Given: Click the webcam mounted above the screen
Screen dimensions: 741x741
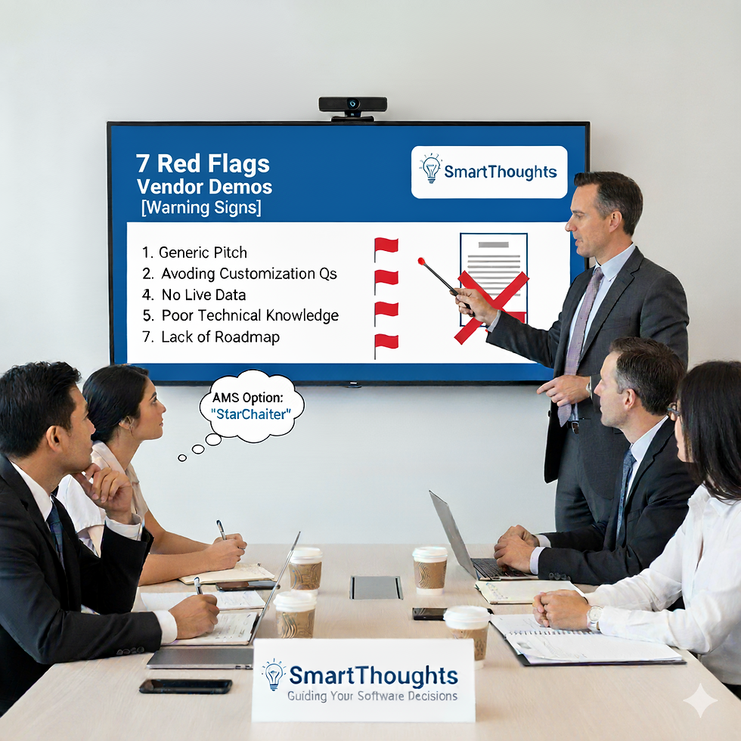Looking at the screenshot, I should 352,105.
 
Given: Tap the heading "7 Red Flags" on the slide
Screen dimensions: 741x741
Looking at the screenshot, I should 203,163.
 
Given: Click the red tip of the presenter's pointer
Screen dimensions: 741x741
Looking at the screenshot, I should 421,262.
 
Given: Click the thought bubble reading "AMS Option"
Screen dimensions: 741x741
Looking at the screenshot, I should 252,406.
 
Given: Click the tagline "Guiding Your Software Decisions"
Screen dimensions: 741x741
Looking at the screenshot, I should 372,696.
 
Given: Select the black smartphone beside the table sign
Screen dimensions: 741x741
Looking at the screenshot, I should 185,686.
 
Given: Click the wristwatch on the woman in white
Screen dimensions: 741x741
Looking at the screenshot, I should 594,617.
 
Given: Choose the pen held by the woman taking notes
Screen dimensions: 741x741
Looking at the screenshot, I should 221,529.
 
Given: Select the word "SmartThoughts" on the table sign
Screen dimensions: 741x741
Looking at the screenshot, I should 374,674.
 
